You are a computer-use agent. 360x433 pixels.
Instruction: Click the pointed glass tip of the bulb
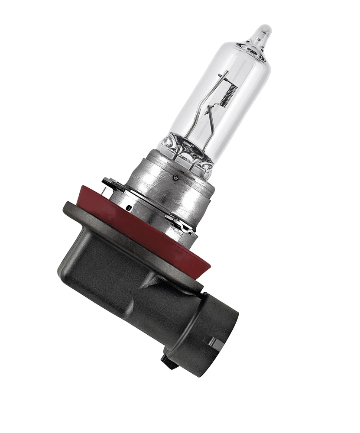tap(263, 32)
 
